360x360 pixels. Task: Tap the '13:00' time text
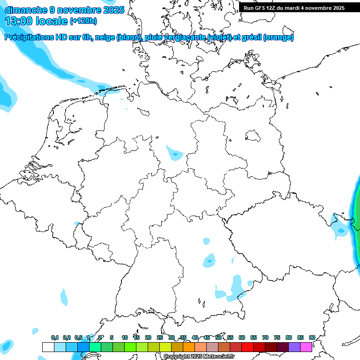coord(18,21)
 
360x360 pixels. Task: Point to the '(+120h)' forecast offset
coord(83,21)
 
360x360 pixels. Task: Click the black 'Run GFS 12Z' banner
coord(294,7)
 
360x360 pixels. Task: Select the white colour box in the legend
coord(48,347)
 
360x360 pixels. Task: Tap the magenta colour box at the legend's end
coord(306,347)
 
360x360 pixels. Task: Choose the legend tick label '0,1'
coord(55,337)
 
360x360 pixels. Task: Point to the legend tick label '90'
coord(312,337)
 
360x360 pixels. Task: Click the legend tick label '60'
coord(242,337)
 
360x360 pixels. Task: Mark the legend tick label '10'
coord(125,337)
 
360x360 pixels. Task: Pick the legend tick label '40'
coord(195,337)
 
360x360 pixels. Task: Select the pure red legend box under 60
coord(247,347)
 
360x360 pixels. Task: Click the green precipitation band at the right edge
coord(357,206)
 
